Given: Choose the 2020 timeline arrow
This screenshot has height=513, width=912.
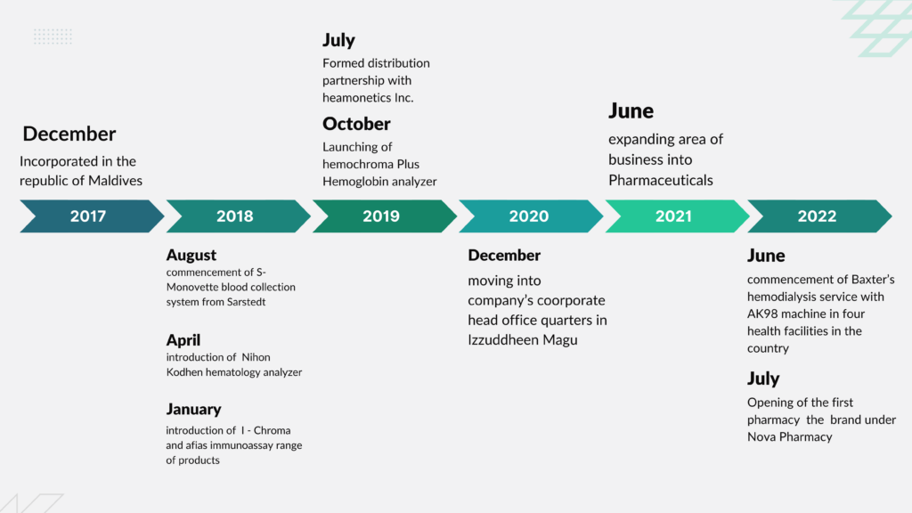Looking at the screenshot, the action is (531, 216).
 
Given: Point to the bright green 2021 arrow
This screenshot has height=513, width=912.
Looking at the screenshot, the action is (677, 216).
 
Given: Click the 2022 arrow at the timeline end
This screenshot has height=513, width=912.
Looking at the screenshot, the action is (819, 216).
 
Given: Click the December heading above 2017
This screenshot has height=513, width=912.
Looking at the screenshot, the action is (69, 134).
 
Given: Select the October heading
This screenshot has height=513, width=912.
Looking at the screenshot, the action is (356, 124).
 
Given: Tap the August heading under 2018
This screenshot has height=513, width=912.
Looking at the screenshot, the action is (191, 256).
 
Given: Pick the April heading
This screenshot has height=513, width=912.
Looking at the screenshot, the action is (183, 340).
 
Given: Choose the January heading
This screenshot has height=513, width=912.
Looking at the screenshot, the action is (193, 409).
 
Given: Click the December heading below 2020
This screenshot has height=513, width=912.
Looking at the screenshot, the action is (504, 256).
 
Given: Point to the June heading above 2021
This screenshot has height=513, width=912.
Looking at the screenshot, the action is (631, 111).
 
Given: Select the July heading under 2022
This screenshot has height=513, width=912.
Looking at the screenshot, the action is (763, 379).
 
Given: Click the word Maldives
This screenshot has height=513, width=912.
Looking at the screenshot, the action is (116, 180).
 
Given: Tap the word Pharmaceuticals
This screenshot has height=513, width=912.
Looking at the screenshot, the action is (661, 180).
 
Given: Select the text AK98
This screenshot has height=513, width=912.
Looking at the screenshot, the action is (762, 313).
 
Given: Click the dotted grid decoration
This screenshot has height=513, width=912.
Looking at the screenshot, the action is (53, 37).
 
